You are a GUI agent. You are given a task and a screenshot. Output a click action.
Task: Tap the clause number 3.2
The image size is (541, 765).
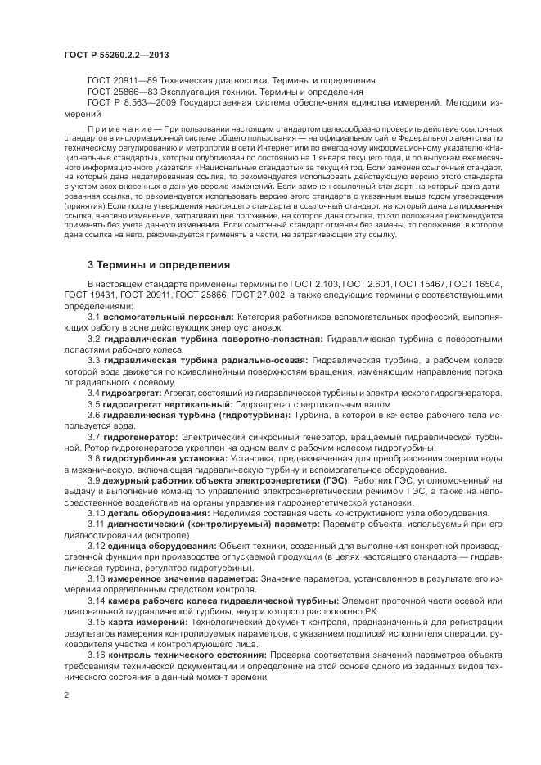pos(94,338)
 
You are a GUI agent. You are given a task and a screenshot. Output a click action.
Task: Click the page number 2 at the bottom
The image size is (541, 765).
pos(66,695)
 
